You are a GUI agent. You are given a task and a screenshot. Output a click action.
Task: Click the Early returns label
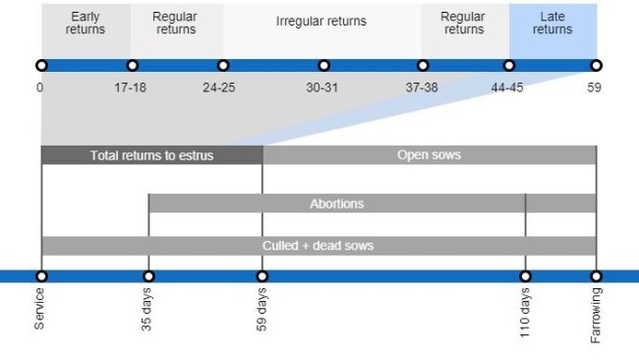(x=85, y=23)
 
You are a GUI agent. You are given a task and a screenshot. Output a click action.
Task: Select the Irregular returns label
(x=320, y=22)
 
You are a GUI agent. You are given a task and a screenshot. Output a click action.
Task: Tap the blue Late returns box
(x=552, y=23)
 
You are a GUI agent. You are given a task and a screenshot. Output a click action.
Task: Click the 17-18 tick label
(x=131, y=87)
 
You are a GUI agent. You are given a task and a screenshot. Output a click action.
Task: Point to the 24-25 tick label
(x=219, y=87)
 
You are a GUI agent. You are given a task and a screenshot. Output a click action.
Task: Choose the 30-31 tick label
(x=322, y=87)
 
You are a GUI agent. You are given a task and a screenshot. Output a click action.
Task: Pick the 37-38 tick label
(x=422, y=87)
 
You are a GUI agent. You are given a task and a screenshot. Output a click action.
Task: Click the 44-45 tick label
(x=508, y=87)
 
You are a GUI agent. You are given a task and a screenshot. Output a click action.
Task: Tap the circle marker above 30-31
(x=323, y=66)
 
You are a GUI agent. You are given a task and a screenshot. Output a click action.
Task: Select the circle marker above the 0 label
(x=41, y=66)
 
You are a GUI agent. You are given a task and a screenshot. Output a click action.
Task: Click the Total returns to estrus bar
(x=151, y=155)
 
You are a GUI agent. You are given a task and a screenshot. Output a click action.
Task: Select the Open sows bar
(x=429, y=155)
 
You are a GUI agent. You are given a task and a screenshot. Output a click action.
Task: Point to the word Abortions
(x=336, y=204)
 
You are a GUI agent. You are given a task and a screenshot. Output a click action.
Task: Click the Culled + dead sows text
(x=318, y=245)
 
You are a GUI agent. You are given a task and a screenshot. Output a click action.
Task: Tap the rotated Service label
(x=40, y=309)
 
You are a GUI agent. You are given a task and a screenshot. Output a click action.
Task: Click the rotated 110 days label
(x=526, y=313)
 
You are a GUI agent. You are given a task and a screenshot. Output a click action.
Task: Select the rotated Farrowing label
(x=596, y=315)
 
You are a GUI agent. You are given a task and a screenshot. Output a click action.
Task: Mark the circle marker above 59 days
(x=261, y=276)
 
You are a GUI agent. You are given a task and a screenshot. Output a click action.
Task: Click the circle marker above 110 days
(x=526, y=276)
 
